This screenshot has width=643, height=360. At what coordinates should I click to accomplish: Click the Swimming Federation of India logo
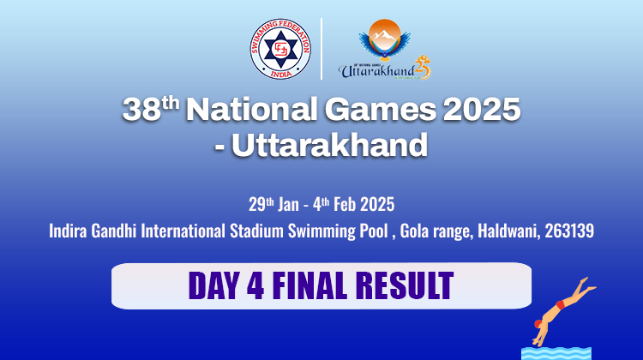280,49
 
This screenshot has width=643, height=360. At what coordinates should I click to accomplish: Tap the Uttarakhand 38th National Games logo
385,49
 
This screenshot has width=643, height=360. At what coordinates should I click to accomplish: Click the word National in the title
252,109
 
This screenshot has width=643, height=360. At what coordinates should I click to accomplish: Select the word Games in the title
381,109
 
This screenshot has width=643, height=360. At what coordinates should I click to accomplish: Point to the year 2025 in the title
482,109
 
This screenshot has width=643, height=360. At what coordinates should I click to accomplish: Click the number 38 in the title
141,110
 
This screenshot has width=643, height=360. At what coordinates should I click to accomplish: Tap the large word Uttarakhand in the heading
330,145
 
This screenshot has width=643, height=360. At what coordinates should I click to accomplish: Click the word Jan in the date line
288,204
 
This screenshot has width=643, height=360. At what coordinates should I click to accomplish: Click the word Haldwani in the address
508,231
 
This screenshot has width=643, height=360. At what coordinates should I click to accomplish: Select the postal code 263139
569,231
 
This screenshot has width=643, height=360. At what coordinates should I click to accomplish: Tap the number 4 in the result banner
255,285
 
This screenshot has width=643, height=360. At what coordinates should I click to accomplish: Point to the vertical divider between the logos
321,49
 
